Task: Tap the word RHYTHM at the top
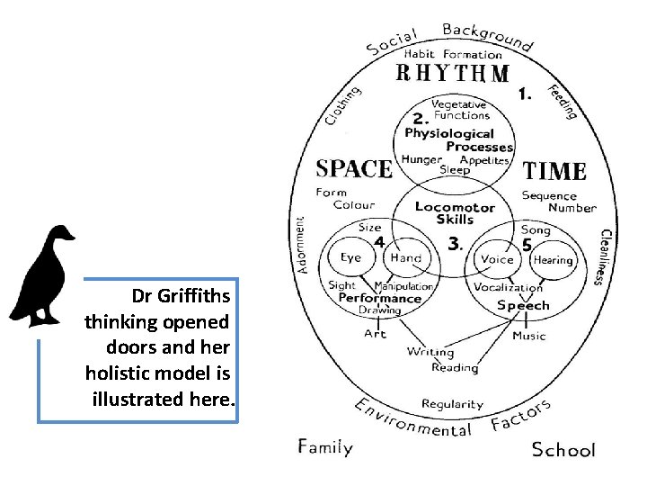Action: [454, 73]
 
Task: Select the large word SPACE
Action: [353, 168]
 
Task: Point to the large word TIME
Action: [554, 170]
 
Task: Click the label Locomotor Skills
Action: [455, 212]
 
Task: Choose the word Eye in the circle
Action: [350, 257]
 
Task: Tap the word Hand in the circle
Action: [405, 257]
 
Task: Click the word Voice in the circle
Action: [497, 259]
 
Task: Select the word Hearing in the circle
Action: [553, 260]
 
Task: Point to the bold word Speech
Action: [523, 305]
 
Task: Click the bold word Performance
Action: [380, 298]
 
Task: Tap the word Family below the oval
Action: [325, 446]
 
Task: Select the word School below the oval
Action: [563, 449]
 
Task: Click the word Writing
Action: [430, 352]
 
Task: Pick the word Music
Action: [528, 336]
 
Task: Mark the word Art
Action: [375, 333]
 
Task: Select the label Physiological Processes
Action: [458, 139]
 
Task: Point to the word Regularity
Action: [452, 404]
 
